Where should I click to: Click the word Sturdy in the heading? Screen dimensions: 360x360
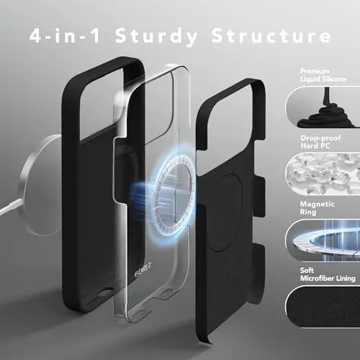[156, 36]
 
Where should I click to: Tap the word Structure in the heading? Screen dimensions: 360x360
[271, 35]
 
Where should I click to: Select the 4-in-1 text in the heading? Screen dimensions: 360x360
[65, 35]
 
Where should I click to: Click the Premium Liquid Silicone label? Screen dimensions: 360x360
[323, 75]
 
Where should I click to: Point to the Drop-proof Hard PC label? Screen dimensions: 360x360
[320, 142]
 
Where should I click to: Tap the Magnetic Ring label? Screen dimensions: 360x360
[317, 208]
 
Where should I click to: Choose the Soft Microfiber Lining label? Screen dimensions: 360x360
[328, 274]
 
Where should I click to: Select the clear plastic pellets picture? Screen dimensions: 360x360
[323, 174]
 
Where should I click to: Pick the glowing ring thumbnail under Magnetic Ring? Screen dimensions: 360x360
[323, 240]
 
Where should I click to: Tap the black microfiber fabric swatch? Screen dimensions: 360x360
[323, 307]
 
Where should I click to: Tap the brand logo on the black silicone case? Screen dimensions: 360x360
[143, 270]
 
